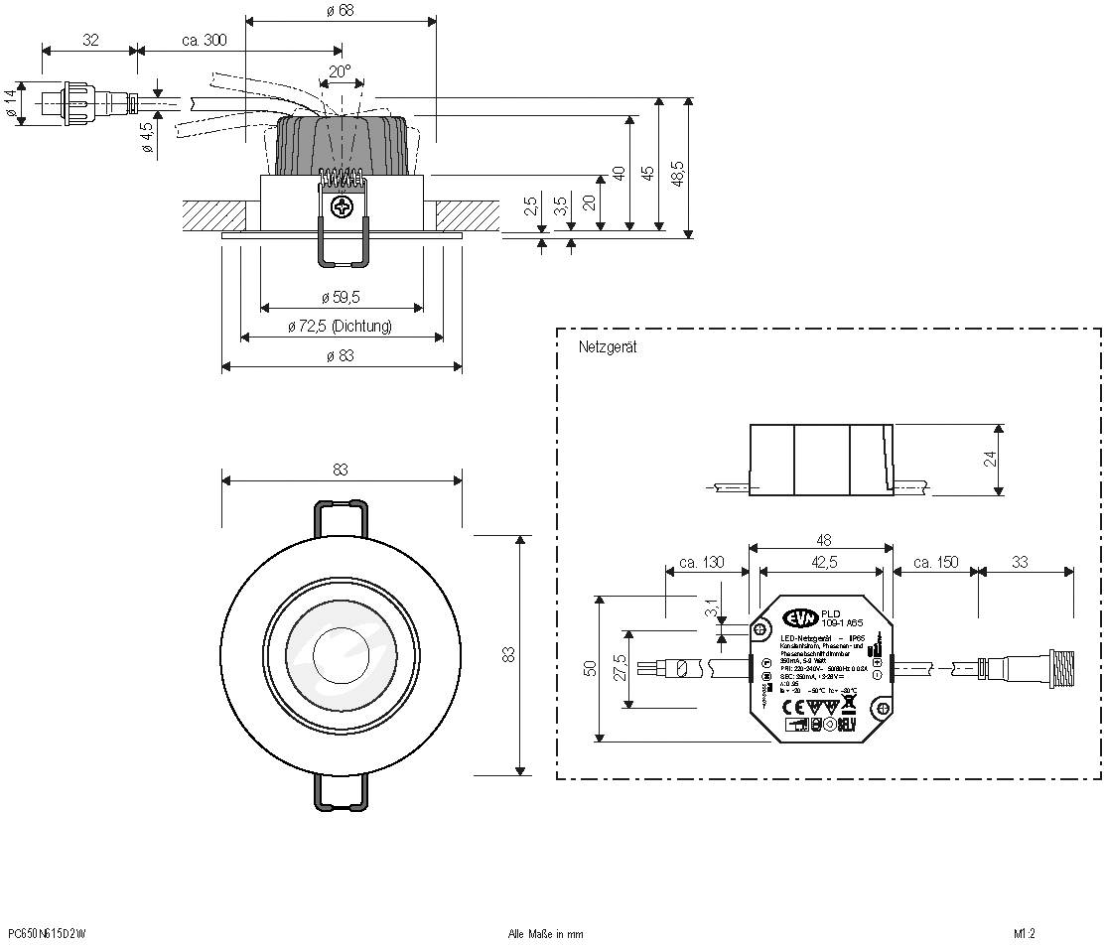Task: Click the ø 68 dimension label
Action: pos(340,10)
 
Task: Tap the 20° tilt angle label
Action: pos(340,71)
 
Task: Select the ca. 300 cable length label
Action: pos(204,41)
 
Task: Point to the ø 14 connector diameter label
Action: pos(11,106)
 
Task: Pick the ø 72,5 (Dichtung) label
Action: pos(341,326)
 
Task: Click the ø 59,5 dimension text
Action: pos(341,297)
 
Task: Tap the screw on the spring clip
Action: pos(344,208)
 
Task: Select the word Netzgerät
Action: pos(607,347)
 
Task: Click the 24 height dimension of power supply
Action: pos(989,459)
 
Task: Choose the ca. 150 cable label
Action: pos(935,562)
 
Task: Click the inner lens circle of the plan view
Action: pos(341,656)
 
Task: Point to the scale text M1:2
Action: pos(1025,933)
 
